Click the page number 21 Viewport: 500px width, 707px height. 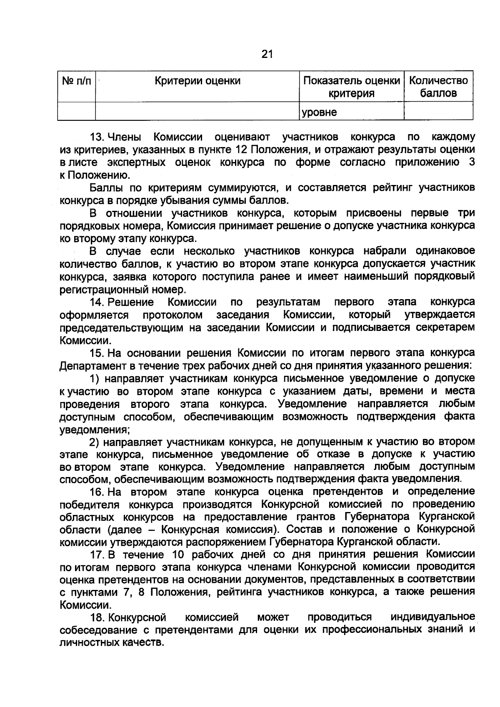[267, 54]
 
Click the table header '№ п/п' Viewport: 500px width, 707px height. [76, 80]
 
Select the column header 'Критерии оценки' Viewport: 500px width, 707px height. [197, 80]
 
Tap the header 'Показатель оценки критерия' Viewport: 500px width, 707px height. [352, 87]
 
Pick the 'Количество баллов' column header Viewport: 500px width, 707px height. [438, 87]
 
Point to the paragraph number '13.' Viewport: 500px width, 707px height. [97, 137]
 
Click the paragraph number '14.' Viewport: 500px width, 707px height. [97, 302]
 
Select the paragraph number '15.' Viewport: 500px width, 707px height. [97, 353]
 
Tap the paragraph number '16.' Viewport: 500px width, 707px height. [97, 492]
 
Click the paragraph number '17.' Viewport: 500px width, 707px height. [97, 555]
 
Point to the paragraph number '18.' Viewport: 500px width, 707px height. [97, 617]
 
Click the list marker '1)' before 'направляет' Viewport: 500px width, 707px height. [95, 379]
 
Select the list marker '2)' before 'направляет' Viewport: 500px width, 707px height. [95, 442]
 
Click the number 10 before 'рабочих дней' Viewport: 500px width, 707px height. [179, 555]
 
